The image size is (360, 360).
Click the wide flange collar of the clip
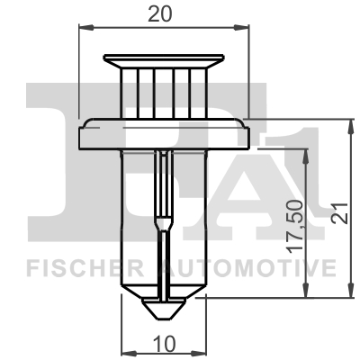[x=164, y=134]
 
